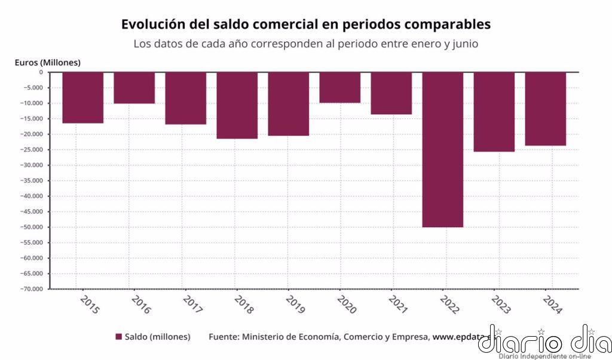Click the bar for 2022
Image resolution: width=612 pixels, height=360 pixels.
click(x=442, y=150)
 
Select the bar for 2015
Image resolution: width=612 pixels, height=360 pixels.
click(x=82, y=97)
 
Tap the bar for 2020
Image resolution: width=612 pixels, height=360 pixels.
click(x=339, y=87)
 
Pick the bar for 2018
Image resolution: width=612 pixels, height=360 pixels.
click(x=237, y=105)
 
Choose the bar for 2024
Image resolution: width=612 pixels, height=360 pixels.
click(x=545, y=109)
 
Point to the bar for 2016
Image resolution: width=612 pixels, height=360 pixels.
click(x=134, y=88)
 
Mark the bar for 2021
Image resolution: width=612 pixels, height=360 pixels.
click(x=391, y=93)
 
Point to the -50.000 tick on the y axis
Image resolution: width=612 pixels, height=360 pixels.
click(x=32, y=227)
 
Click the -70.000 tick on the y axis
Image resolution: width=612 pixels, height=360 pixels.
click(x=32, y=289)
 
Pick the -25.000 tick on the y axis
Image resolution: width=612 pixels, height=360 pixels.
click(x=32, y=150)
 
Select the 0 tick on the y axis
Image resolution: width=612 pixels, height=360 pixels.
click(x=41, y=72)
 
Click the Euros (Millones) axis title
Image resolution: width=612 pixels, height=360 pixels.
click(x=47, y=62)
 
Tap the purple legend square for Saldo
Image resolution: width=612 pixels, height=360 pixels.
click(x=118, y=337)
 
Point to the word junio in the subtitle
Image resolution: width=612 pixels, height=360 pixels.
click(x=464, y=44)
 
